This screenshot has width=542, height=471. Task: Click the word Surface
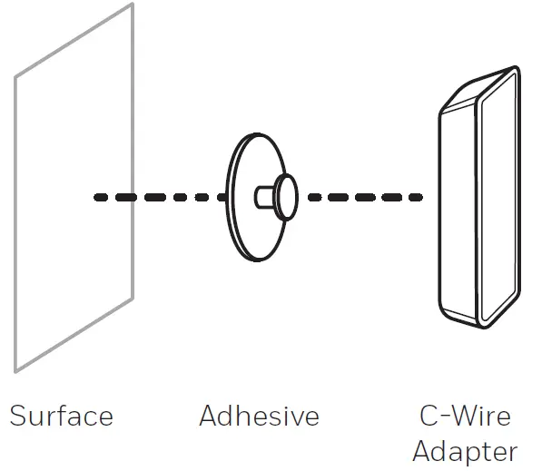[x=61, y=417]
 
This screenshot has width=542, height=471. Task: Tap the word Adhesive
[x=259, y=417]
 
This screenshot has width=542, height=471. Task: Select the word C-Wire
[x=465, y=417]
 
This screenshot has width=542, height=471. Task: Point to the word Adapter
[x=465, y=451]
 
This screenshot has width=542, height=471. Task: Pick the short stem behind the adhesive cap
[x=264, y=195]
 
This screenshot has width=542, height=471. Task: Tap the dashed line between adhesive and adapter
[x=363, y=197]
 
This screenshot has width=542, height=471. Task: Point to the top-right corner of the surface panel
[x=133, y=5]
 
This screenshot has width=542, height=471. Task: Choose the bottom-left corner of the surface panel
[x=15, y=371]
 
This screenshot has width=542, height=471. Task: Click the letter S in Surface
[x=18, y=417]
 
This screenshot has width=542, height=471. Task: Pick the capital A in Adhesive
[x=209, y=417]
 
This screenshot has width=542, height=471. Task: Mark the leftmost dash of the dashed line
[x=102, y=197]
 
